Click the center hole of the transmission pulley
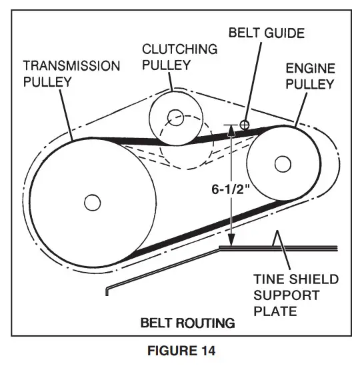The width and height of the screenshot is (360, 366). [x=91, y=201]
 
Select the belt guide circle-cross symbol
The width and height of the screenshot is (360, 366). [x=245, y=124]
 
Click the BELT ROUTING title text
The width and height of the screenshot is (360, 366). [x=187, y=323]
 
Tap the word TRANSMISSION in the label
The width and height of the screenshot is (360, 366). [x=71, y=66]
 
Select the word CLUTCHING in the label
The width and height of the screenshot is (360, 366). [x=179, y=49]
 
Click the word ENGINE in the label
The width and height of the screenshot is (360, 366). [x=309, y=68]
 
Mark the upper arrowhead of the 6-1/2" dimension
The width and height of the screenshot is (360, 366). [x=230, y=128]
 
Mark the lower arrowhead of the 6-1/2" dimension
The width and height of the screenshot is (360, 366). [x=230, y=245]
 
